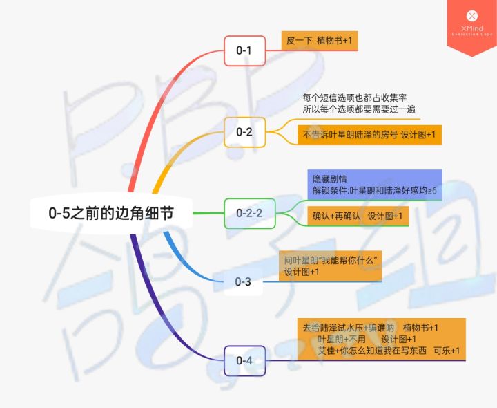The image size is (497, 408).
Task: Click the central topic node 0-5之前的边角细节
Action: coord(110,214)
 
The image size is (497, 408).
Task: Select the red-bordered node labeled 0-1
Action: coord(244,50)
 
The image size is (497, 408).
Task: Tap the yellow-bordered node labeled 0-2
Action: coord(244,131)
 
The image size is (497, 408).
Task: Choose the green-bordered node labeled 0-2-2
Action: coord(249,213)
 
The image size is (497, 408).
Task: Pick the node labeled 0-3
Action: coord(243,281)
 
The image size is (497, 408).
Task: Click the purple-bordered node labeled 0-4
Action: coord(244,360)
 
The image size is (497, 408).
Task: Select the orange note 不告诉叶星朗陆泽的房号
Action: coord(369,135)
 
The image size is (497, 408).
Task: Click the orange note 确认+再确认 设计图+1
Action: coord(358,216)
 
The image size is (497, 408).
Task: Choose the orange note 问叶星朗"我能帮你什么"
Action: coord(332,266)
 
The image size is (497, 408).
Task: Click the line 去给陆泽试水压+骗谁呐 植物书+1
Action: coord(371,327)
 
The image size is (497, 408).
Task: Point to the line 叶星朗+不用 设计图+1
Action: coord(367,340)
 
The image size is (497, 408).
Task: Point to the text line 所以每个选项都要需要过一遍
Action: coord(358,109)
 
